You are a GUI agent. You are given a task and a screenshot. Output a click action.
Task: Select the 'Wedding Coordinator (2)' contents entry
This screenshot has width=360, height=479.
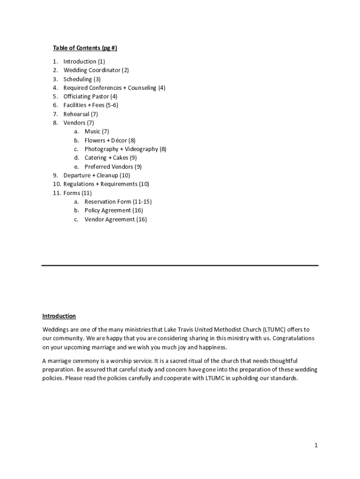coord(96,70)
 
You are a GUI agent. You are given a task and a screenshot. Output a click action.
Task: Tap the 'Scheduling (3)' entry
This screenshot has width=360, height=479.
coord(82,79)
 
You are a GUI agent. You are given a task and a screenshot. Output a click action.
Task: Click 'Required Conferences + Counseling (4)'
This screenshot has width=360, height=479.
coord(114,88)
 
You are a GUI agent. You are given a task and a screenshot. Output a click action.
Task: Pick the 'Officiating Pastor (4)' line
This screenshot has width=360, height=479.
coord(90,96)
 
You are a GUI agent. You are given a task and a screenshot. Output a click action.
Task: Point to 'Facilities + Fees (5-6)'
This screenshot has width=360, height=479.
coord(91,105)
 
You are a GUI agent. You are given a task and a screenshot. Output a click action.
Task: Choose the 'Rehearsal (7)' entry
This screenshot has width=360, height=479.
coord(80,114)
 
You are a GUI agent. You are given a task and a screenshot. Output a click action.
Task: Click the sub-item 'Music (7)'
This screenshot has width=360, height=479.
coord(96,131)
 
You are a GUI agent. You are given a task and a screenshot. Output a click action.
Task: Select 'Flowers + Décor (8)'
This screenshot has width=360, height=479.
coord(110,140)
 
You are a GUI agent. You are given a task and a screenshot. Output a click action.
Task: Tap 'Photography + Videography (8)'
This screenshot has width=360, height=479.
coord(125,149)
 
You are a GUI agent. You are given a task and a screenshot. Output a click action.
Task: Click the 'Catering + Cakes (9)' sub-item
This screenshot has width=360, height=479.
coord(110,158)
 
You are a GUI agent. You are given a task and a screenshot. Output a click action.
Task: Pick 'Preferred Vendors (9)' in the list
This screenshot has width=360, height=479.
coord(113,167)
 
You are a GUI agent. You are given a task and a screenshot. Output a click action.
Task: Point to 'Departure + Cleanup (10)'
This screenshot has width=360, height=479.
coord(97,175)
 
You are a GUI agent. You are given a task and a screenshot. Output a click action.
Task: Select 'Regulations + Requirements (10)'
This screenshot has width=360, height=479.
coord(106,184)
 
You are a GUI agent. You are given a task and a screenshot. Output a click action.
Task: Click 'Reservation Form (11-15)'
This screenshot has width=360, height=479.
coord(118,202)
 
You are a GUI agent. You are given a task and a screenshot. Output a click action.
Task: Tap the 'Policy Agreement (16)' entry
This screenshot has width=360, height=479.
coord(114,210)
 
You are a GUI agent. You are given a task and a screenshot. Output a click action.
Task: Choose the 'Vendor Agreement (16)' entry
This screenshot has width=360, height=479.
coord(115,219)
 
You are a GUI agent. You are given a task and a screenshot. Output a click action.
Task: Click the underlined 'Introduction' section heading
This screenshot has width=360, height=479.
coord(59,316)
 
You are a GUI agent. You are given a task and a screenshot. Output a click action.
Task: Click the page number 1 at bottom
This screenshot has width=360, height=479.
coord(316,446)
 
